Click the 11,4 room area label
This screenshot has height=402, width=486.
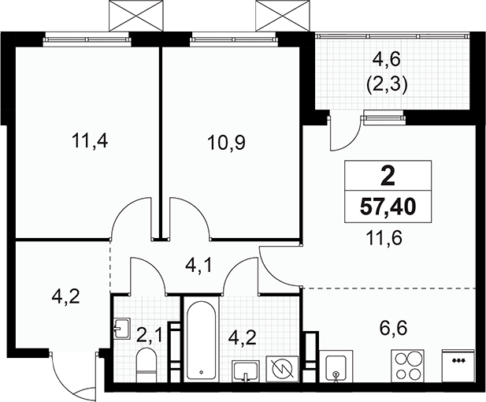(x=90, y=142)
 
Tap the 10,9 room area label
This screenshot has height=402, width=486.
(x=227, y=143)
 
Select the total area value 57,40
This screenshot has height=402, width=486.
(x=388, y=207)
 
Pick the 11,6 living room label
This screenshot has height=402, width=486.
(x=384, y=239)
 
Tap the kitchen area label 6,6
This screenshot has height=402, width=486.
(x=393, y=328)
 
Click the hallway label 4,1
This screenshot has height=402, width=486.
(x=198, y=266)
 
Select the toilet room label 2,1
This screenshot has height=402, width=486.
(x=149, y=336)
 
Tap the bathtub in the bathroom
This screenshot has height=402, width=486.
(x=201, y=339)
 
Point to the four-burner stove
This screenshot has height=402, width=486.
(x=407, y=366)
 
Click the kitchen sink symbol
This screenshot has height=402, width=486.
(x=336, y=367)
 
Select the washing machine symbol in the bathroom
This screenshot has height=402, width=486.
(x=282, y=369)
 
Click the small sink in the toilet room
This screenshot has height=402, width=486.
(x=122, y=328)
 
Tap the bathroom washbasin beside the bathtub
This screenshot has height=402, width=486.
(x=246, y=371)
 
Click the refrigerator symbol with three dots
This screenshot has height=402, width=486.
(x=458, y=366)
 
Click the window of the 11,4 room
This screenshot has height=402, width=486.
(x=87, y=39)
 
